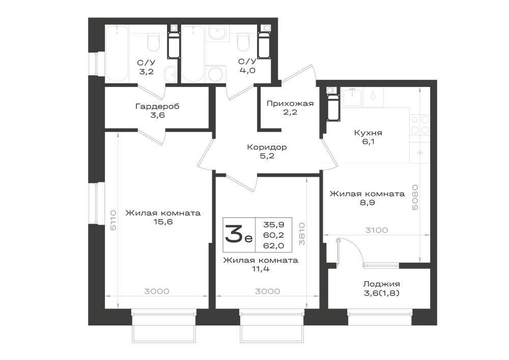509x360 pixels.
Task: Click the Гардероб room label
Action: click(x=157, y=106)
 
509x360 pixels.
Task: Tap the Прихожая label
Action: click(x=290, y=103)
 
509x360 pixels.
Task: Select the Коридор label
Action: click(x=267, y=147)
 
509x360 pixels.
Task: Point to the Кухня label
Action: click(x=368, y=133)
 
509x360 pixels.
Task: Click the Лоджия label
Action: click(x=381, y=284)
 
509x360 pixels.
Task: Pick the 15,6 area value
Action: click(x=163, y=222)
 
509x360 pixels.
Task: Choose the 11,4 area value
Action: click(x=261, y=269)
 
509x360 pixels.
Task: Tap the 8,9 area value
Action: click(x=367, y=203)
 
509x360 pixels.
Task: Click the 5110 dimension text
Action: click(x=113, y=220)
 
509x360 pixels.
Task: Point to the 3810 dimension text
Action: click(x=301, y=234)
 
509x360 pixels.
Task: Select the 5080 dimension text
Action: click(x=415, y=198)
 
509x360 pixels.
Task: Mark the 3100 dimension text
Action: click(x=377, y=230)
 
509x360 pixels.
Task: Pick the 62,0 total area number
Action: click(x=274, y=246)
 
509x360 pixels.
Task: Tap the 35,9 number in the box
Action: click(x=274, y=225)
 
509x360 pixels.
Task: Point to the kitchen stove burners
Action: click(x=420, y=125)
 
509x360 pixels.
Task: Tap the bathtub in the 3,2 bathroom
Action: click(x=117, y=54)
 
